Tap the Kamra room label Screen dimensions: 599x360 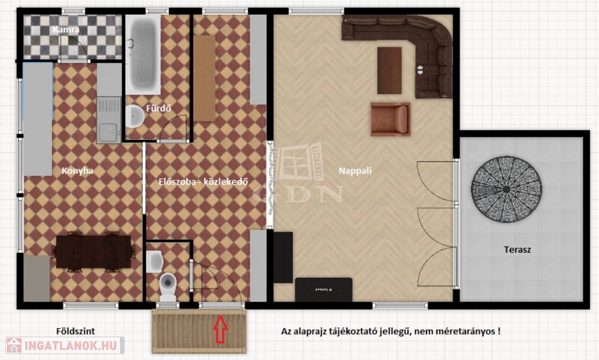click(66, 29)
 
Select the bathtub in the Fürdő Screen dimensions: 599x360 click(143, 53)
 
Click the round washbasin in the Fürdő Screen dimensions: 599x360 click(135, 116)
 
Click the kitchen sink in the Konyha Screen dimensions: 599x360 click(108, 119)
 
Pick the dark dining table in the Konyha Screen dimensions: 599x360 click(94, 252)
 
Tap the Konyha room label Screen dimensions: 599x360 click(78, 171)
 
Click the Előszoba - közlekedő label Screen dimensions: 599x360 click(203, 181)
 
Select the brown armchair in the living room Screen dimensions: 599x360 click(390, 119)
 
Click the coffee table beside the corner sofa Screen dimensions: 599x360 click(389, 70)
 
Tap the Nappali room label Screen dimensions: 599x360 click(355, 171)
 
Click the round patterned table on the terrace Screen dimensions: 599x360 click(506, 189)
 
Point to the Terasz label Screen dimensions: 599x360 click(517, 250)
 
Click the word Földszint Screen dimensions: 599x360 click(75, 331)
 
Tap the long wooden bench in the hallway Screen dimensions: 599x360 click(204, 78)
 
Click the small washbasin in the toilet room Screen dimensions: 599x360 click(154, 262)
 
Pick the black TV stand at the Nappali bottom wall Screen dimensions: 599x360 click(323, 289)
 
